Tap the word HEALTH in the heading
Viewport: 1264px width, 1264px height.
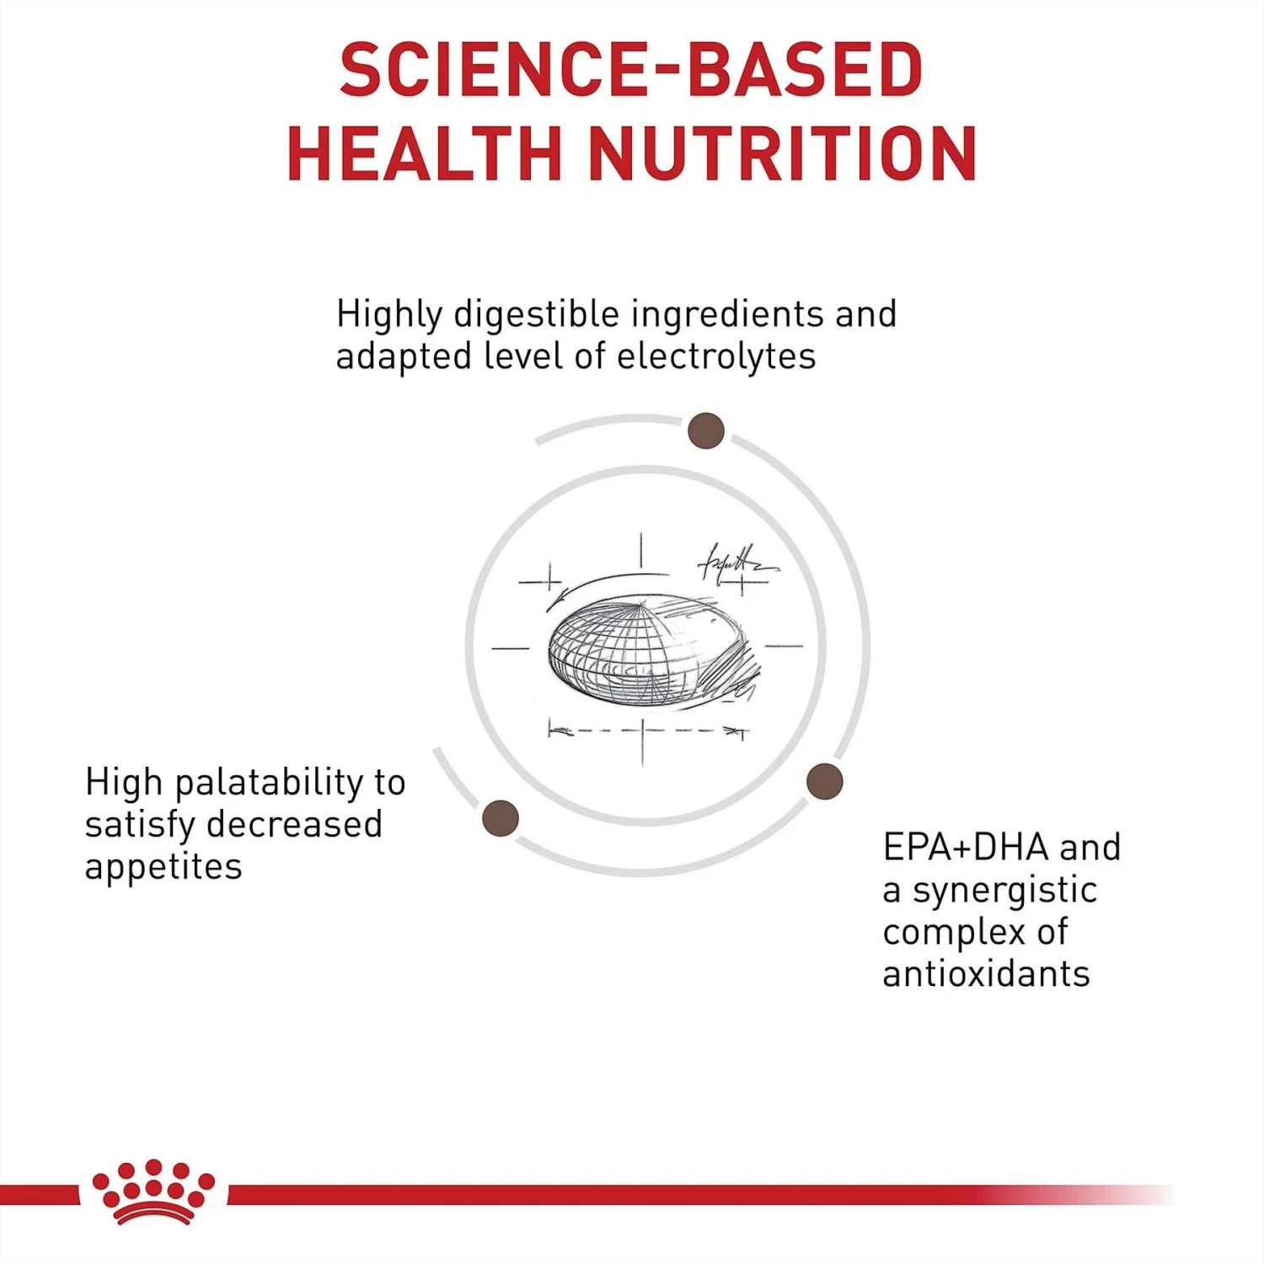(424, 153)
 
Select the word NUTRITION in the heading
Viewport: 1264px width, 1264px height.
(782, 153)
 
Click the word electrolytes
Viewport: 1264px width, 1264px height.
(716, 356)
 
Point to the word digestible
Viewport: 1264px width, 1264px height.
(536, 314)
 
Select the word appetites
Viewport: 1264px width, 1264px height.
(163, 866)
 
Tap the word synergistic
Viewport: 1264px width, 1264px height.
(1004, 890)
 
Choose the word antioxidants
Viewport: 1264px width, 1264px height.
(986, 974)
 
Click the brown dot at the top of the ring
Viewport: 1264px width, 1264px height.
(706, 431)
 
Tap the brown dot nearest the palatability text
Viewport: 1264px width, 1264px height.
(501, 818)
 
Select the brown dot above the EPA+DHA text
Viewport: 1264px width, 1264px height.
(824, 781)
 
